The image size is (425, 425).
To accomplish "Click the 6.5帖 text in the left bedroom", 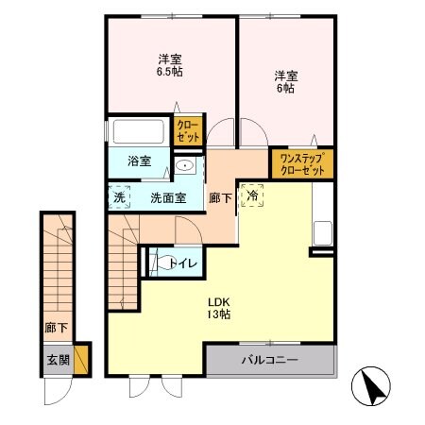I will [170, 71].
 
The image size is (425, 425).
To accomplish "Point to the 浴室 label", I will [139, 161].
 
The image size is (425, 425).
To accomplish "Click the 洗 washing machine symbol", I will [119, 198].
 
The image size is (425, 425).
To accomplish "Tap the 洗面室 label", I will [167, 198].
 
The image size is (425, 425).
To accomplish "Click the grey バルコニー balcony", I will [269, 361].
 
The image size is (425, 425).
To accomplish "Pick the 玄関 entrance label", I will [56, 360].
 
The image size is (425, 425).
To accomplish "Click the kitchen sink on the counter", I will [321, 232].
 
